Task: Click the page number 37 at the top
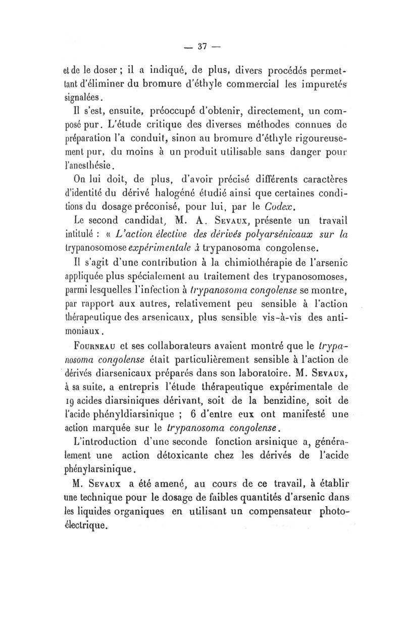tap(203, 46)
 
